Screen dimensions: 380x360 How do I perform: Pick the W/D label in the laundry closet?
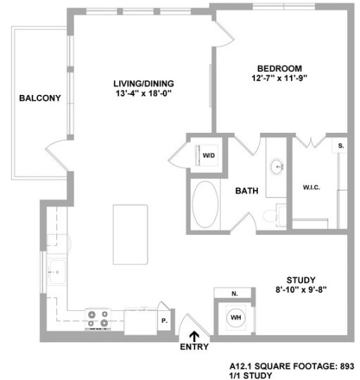pyautogui.click(x=209, y=154)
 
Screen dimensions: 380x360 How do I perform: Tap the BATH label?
pyautogui.click(x=247, y=190)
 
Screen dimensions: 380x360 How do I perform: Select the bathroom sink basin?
pyautogui.click(x=277, y=167)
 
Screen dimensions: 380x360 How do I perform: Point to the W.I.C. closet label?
pyautogui.click(x=312, y=187)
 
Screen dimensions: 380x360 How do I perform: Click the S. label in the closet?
pyautogui.click(x=340, y=146)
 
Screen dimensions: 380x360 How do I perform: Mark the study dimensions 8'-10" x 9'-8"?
pyautogui.click(x=300, y=289)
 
